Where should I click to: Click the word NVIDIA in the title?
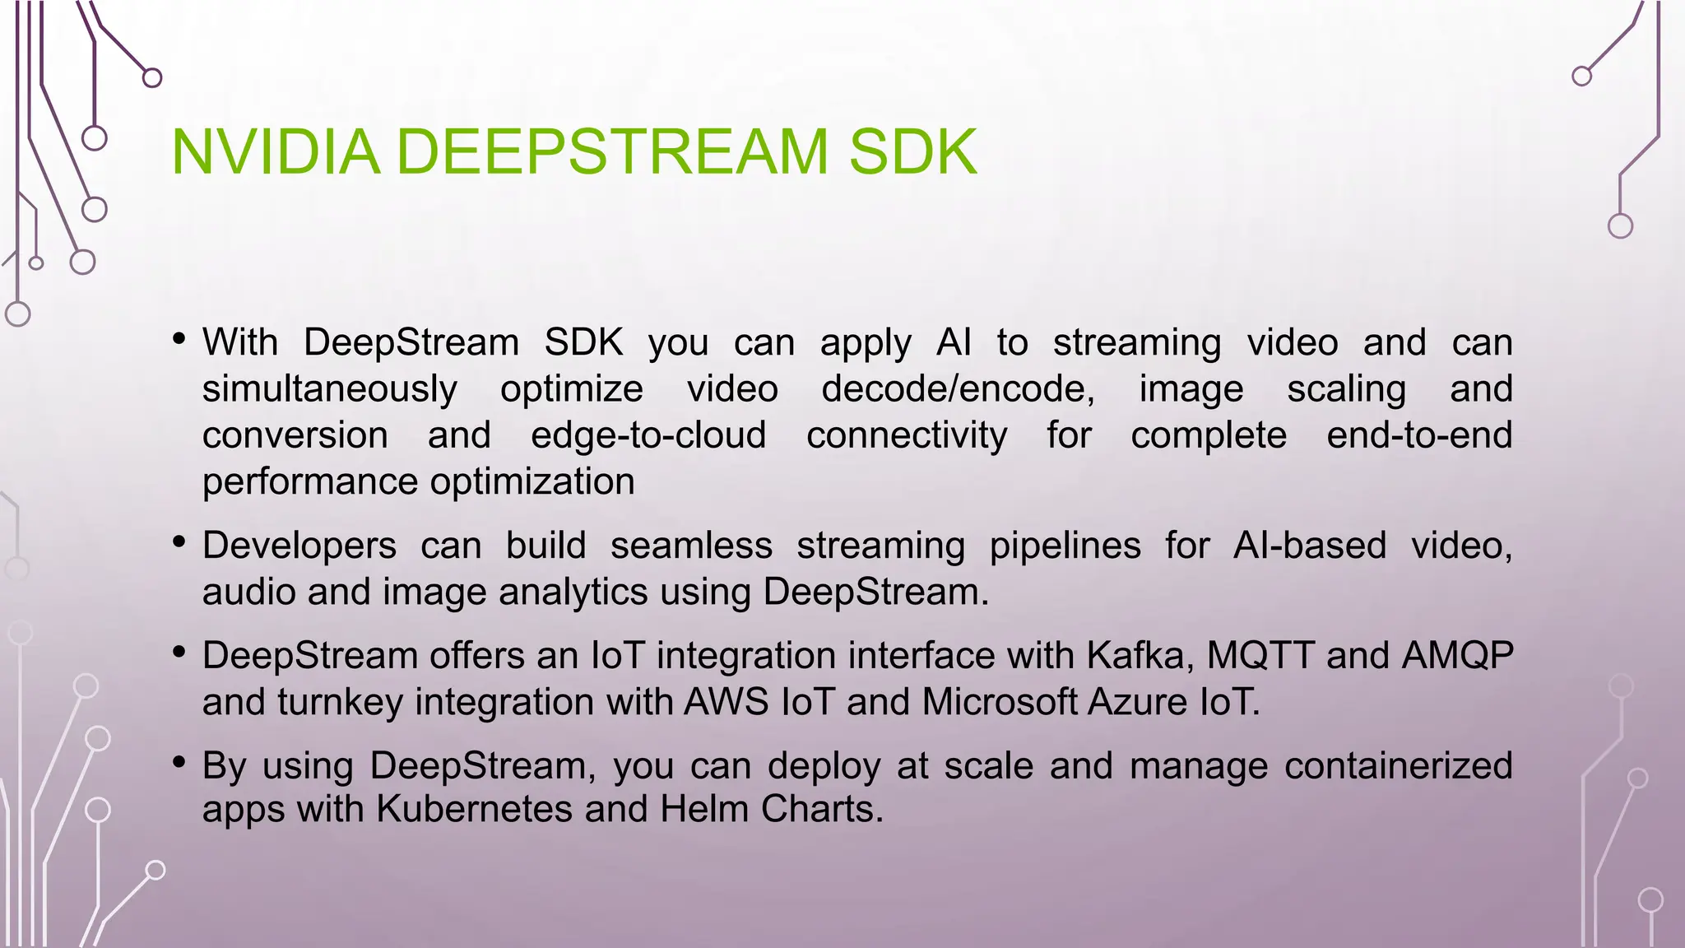276,152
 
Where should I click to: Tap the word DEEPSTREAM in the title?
612,152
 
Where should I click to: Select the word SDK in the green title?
912,152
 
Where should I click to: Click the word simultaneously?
330,389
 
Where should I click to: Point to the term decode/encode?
958,389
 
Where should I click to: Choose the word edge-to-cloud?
648,435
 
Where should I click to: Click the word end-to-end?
1419,435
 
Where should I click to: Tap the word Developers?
299,546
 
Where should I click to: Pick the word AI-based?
1310,546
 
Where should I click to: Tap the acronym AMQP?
1457,656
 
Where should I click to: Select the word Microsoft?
999,702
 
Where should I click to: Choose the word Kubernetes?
475,809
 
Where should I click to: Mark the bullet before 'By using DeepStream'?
179,763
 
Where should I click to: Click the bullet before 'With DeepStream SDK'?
179,338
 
